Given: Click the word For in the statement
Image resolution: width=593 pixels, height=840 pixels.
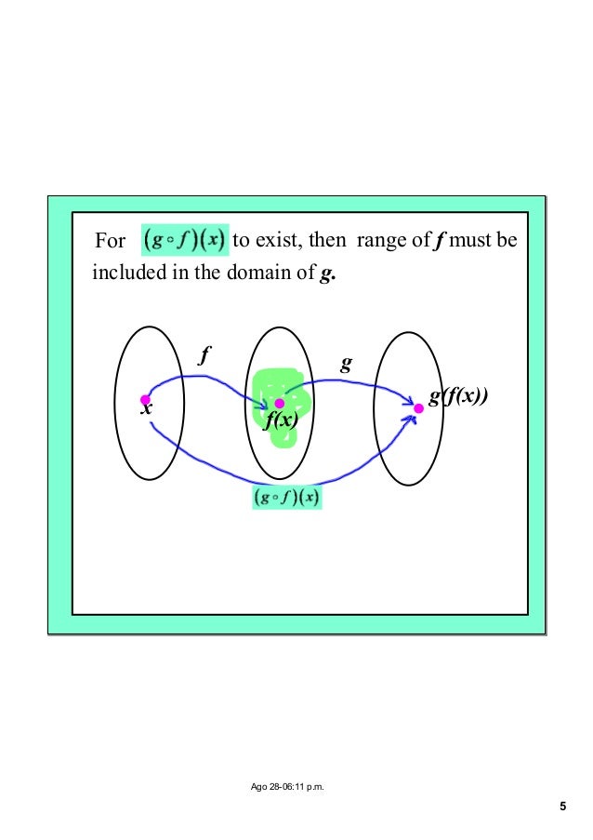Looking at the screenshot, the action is (111, 242).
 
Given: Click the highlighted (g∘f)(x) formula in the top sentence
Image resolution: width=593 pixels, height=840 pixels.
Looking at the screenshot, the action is (183, 240).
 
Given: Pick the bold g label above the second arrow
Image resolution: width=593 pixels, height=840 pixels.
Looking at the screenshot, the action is (346, 365).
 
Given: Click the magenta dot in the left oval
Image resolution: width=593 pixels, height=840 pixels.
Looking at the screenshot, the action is (145, 399).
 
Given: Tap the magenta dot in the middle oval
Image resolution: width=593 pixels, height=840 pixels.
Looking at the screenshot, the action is (279, 404).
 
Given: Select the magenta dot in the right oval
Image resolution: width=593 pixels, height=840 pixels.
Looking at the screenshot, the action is (418, 407).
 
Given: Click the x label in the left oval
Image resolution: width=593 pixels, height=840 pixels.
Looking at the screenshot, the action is (146, 410).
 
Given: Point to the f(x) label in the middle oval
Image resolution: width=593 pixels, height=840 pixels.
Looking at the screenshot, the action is (280, 421).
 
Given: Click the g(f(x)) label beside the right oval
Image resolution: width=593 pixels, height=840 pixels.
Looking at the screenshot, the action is (458, 397).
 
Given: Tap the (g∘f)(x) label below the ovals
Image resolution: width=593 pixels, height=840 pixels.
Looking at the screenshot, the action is (286, 498).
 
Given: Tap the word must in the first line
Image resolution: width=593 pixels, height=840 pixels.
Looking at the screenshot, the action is (471, 242).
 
